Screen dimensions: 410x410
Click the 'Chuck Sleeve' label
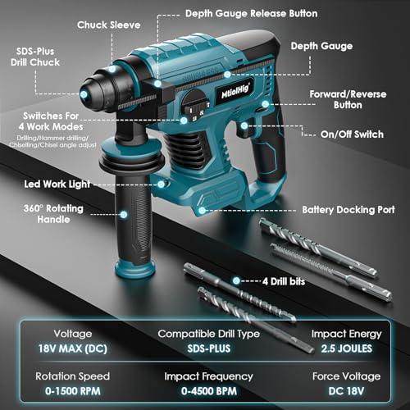click(x=110, y=25)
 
